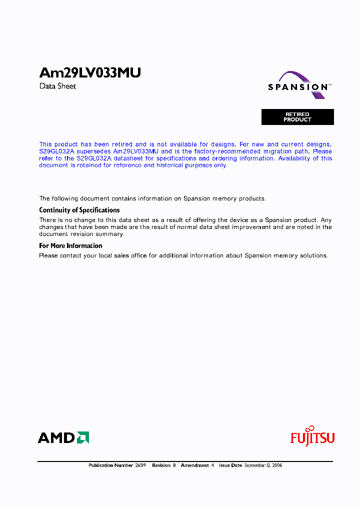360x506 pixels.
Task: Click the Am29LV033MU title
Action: (x=90, y=73)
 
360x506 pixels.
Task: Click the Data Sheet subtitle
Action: (x=57, y=86)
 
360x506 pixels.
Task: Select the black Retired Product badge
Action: (x=297, y=117)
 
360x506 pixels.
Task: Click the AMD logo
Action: (x=63, y=437)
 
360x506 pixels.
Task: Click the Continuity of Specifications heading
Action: (x=79, y=210)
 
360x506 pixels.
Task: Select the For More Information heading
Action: (x=70, y=246)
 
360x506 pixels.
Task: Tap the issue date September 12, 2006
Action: (x=263, y=465)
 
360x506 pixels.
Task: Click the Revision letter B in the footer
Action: (x=174, y=465)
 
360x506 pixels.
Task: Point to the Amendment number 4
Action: (x=212, y=465)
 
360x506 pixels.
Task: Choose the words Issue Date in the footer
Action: (x=230, y=465)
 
